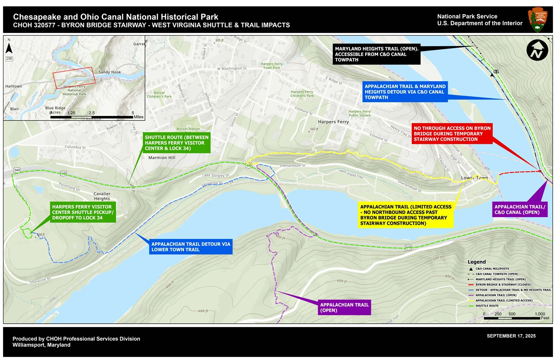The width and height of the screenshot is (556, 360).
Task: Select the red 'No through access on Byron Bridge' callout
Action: point(452,133)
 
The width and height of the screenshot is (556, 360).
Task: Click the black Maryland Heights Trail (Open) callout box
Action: point(377,54)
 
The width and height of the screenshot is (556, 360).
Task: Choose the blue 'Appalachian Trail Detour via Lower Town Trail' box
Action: point(191,247)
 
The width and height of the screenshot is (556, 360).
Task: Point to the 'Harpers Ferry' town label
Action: point(333,122)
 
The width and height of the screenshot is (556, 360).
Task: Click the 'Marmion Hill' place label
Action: point(162,158)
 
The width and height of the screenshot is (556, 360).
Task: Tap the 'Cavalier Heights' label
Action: point(102,196)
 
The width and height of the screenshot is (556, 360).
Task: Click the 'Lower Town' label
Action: point(474,178)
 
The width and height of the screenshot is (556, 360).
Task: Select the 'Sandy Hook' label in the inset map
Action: point(110,72)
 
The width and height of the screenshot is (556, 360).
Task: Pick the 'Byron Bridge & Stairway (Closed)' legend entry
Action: point(500,284)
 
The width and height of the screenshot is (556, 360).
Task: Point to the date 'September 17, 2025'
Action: point(511,336)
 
